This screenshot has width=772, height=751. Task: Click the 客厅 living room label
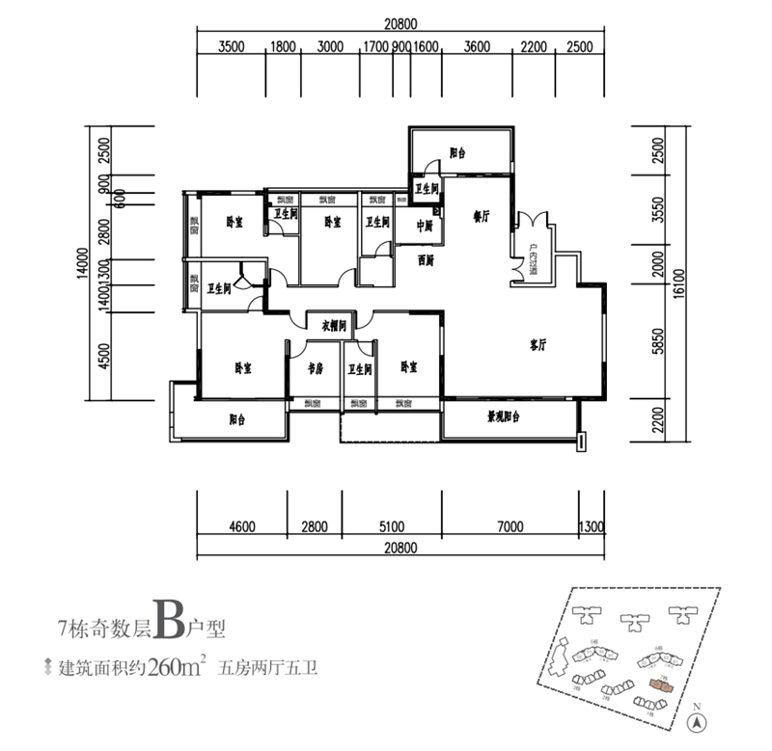click(x=538, y=343)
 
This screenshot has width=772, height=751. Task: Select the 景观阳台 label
click(x=503, y=417)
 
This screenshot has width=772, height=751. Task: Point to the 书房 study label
click(x=314, y=368)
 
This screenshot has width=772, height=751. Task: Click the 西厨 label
click(x=426, y=259)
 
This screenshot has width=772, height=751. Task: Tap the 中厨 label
click(x=425, y=227)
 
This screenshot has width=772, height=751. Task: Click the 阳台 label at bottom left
click(x=237, y=419)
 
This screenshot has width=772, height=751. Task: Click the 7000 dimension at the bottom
click(x=510, y=526)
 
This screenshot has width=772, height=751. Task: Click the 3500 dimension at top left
click(x=232, y=45)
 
